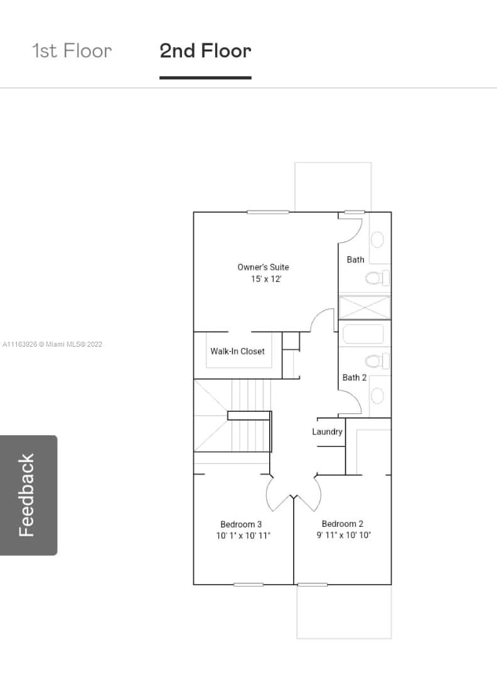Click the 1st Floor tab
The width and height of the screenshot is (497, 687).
[72, 51]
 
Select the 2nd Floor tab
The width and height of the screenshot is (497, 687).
[205, 51]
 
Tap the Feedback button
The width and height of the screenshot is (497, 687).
[28, 495]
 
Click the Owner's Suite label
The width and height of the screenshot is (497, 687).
[263, 267]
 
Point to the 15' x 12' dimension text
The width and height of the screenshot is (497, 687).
[266, 279]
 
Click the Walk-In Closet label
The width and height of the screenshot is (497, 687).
[237, 351]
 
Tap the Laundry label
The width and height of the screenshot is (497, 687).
[327, 431]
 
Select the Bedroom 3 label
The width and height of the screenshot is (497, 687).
[241, 524]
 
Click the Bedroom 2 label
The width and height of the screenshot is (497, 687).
[343, 524]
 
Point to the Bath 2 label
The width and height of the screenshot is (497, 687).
[355, 377]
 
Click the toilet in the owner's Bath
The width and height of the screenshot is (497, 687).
[377, 278]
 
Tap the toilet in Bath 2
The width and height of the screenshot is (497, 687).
[377, 362]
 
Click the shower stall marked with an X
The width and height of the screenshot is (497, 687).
[365, 308]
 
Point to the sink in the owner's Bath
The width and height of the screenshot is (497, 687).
[378, 240]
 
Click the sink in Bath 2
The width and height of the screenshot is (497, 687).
[378, 396]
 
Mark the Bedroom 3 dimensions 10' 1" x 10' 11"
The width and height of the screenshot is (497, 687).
[243, 536]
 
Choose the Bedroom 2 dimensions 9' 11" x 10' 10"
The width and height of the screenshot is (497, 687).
[344, 535]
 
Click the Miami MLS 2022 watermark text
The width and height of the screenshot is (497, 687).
[52, 344]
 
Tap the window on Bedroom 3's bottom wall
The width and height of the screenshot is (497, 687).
[248, 585]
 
